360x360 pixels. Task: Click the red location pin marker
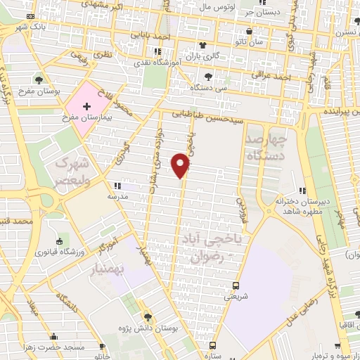[x=182, y=165]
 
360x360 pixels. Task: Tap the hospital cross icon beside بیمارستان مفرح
[x=86, y=107]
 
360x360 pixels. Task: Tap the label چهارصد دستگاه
[x=264, y=146]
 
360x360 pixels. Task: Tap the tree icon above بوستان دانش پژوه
[x=147, y=316]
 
